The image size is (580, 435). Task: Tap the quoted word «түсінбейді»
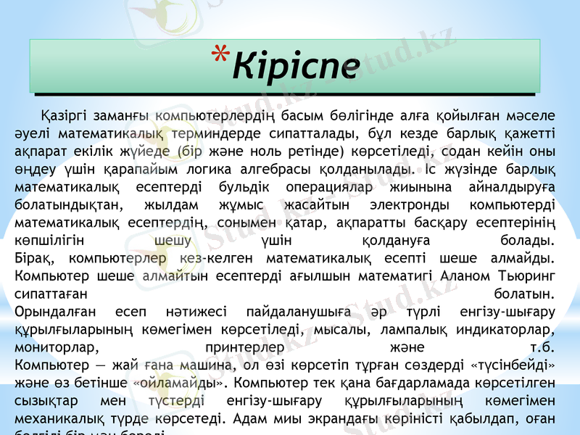tap(515, 365)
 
